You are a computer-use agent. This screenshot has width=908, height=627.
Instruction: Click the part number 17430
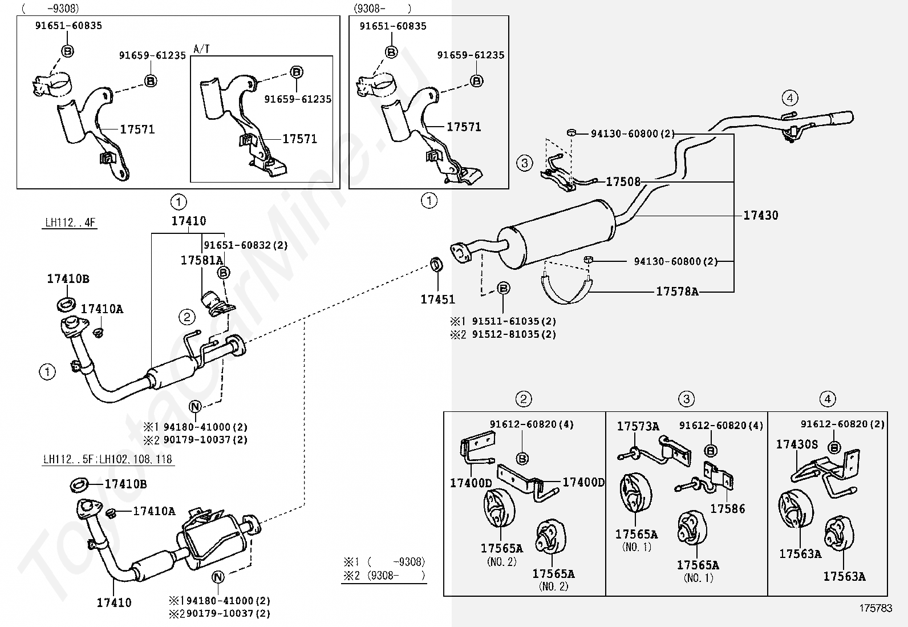(x=760, y=215)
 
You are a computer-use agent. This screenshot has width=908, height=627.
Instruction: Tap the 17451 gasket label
(x=437, y=299)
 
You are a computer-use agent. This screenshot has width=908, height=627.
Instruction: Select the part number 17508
(x=623, y=182)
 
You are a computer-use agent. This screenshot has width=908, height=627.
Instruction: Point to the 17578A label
(x=676, y=292)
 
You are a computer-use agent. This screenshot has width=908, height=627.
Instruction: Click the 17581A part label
(x=201, y=260)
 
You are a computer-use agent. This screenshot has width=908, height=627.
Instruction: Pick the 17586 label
(x=727, y=508)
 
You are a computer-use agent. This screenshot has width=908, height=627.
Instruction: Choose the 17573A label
(x=638, y=426)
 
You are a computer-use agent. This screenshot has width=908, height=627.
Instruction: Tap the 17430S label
(x=797, y=444)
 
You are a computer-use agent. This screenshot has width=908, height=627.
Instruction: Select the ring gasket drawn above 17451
(x=437, y=264)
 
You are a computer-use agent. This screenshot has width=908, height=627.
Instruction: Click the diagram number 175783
(x=875, y=608)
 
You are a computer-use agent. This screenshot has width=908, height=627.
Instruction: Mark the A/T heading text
(x=201, y=49)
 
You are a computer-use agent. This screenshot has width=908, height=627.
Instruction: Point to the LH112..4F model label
(x=70, y=223)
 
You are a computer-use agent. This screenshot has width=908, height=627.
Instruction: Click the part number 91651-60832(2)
(x=245, y=245)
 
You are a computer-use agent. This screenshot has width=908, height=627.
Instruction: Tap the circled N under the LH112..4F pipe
(x=196, y=407)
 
